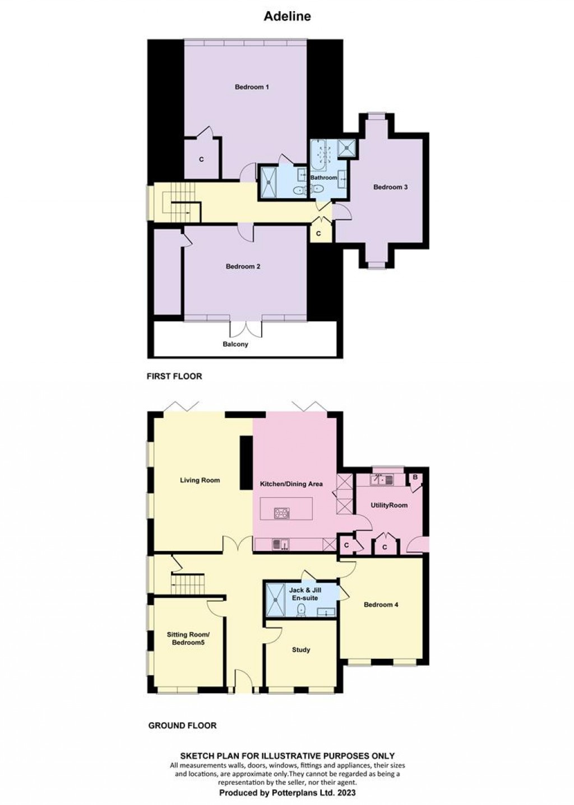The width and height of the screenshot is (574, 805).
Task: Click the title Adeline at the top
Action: [287, 17]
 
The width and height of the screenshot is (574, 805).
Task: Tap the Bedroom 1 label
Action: [252, 87]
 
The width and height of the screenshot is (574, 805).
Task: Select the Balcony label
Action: [235, 344]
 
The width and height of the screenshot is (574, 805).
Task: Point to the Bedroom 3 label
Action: [390, 187]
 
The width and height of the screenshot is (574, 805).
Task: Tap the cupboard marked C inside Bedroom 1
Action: [202, 160]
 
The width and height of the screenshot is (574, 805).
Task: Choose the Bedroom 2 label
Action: [243, 266]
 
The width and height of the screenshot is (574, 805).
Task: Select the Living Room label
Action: [200, 480]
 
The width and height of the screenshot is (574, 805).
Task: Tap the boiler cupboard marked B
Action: [415, 477]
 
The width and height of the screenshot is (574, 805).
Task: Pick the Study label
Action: [301, 650]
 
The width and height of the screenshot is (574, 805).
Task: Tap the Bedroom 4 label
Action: [381, 605]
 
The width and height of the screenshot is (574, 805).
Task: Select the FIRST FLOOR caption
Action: [174, 376]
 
